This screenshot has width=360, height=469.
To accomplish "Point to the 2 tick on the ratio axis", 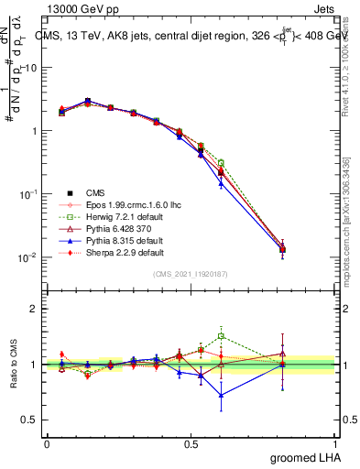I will coord(34,309).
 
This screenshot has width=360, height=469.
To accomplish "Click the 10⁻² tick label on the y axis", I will coord(27,257).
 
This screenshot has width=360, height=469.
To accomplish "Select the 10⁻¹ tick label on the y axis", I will coord(27,194).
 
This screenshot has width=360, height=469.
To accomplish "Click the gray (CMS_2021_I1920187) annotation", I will coord(191,274).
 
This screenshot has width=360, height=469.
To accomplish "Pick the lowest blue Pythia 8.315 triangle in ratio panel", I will coord(221,395).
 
